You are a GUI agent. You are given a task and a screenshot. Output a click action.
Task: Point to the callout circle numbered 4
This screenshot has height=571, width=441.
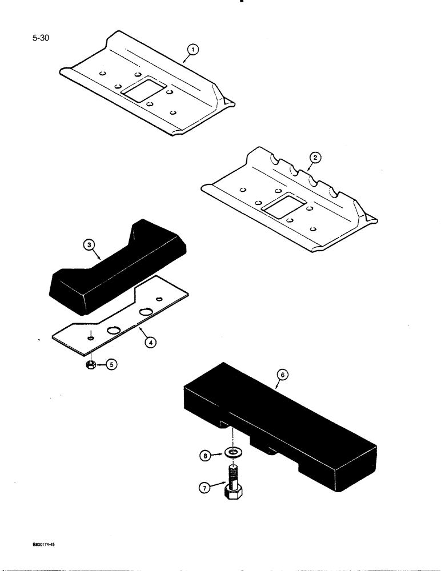(149, 343)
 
